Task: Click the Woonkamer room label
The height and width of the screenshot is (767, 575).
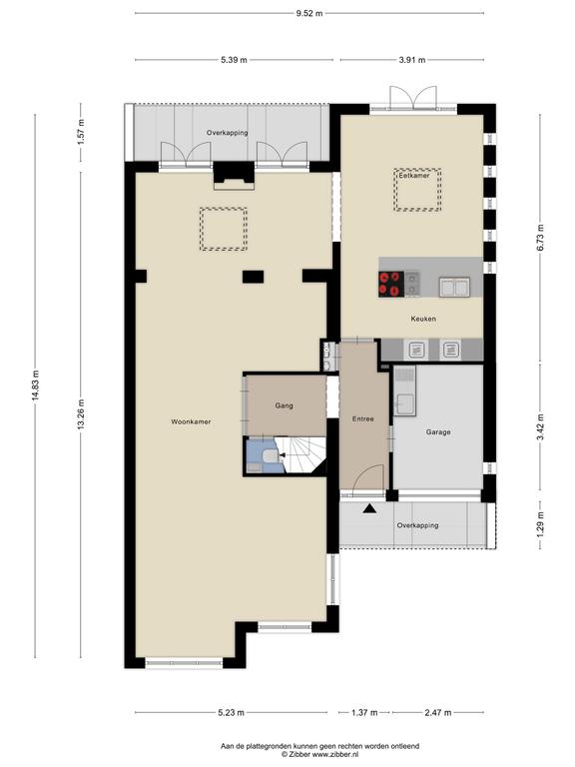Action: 191,421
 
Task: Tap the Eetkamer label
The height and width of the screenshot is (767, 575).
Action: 414,175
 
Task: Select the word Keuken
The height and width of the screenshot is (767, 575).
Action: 423,319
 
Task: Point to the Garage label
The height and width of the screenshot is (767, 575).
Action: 438,431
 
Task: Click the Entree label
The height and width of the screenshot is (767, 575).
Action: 363,418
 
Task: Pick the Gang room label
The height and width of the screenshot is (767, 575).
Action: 285,405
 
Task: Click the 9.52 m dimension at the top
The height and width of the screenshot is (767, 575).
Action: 309,13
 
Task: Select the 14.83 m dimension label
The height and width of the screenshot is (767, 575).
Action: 35,385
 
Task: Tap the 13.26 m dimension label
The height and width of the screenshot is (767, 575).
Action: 81,414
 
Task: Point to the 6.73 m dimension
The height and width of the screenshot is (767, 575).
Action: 540,238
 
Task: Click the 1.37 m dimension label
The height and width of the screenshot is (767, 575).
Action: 364,712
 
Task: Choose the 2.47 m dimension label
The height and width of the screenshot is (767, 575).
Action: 438,712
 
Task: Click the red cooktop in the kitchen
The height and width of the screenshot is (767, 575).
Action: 391,285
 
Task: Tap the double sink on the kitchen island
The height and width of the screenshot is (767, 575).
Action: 454,288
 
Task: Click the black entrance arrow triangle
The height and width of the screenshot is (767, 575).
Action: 369,508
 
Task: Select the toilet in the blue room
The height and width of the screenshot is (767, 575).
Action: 270,456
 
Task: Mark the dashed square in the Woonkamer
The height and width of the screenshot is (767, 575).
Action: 224,229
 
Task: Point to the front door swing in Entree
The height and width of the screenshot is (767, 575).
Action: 368,476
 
